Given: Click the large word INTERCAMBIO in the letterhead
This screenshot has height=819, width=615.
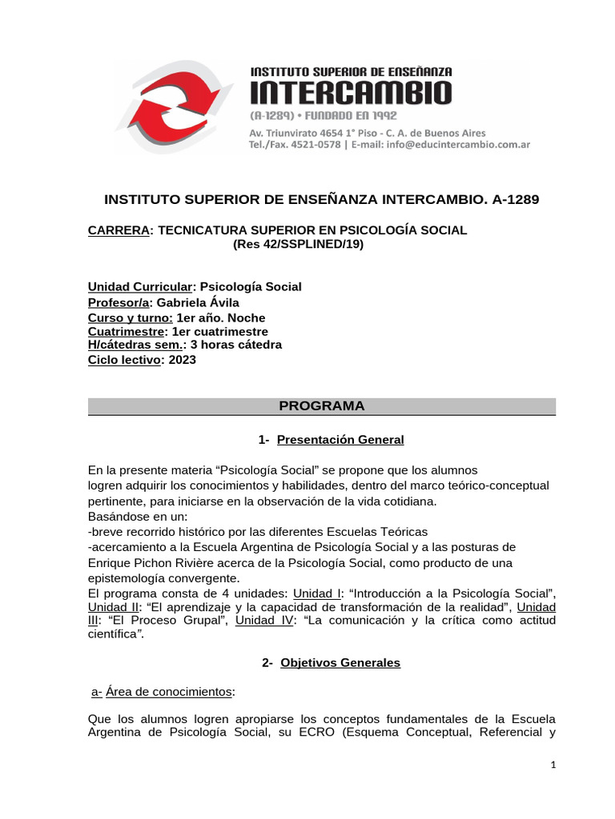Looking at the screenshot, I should point(352,94).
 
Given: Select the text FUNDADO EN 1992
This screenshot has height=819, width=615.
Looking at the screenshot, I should point(356,116).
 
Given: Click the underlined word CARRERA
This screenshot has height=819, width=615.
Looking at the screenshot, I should point(119,230).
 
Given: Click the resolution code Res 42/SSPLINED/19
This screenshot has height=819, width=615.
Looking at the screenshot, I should point(298,244).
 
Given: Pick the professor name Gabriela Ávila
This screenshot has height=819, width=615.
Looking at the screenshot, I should point(198,302).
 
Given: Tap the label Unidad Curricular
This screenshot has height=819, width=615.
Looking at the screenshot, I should point(139,287).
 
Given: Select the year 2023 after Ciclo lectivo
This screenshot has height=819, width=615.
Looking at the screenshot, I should point(182,360).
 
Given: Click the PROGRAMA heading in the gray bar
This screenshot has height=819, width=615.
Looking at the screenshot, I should point(321,406).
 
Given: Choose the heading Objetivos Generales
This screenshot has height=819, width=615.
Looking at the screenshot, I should point(340,662).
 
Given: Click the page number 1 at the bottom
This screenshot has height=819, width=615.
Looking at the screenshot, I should point(553,765).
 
